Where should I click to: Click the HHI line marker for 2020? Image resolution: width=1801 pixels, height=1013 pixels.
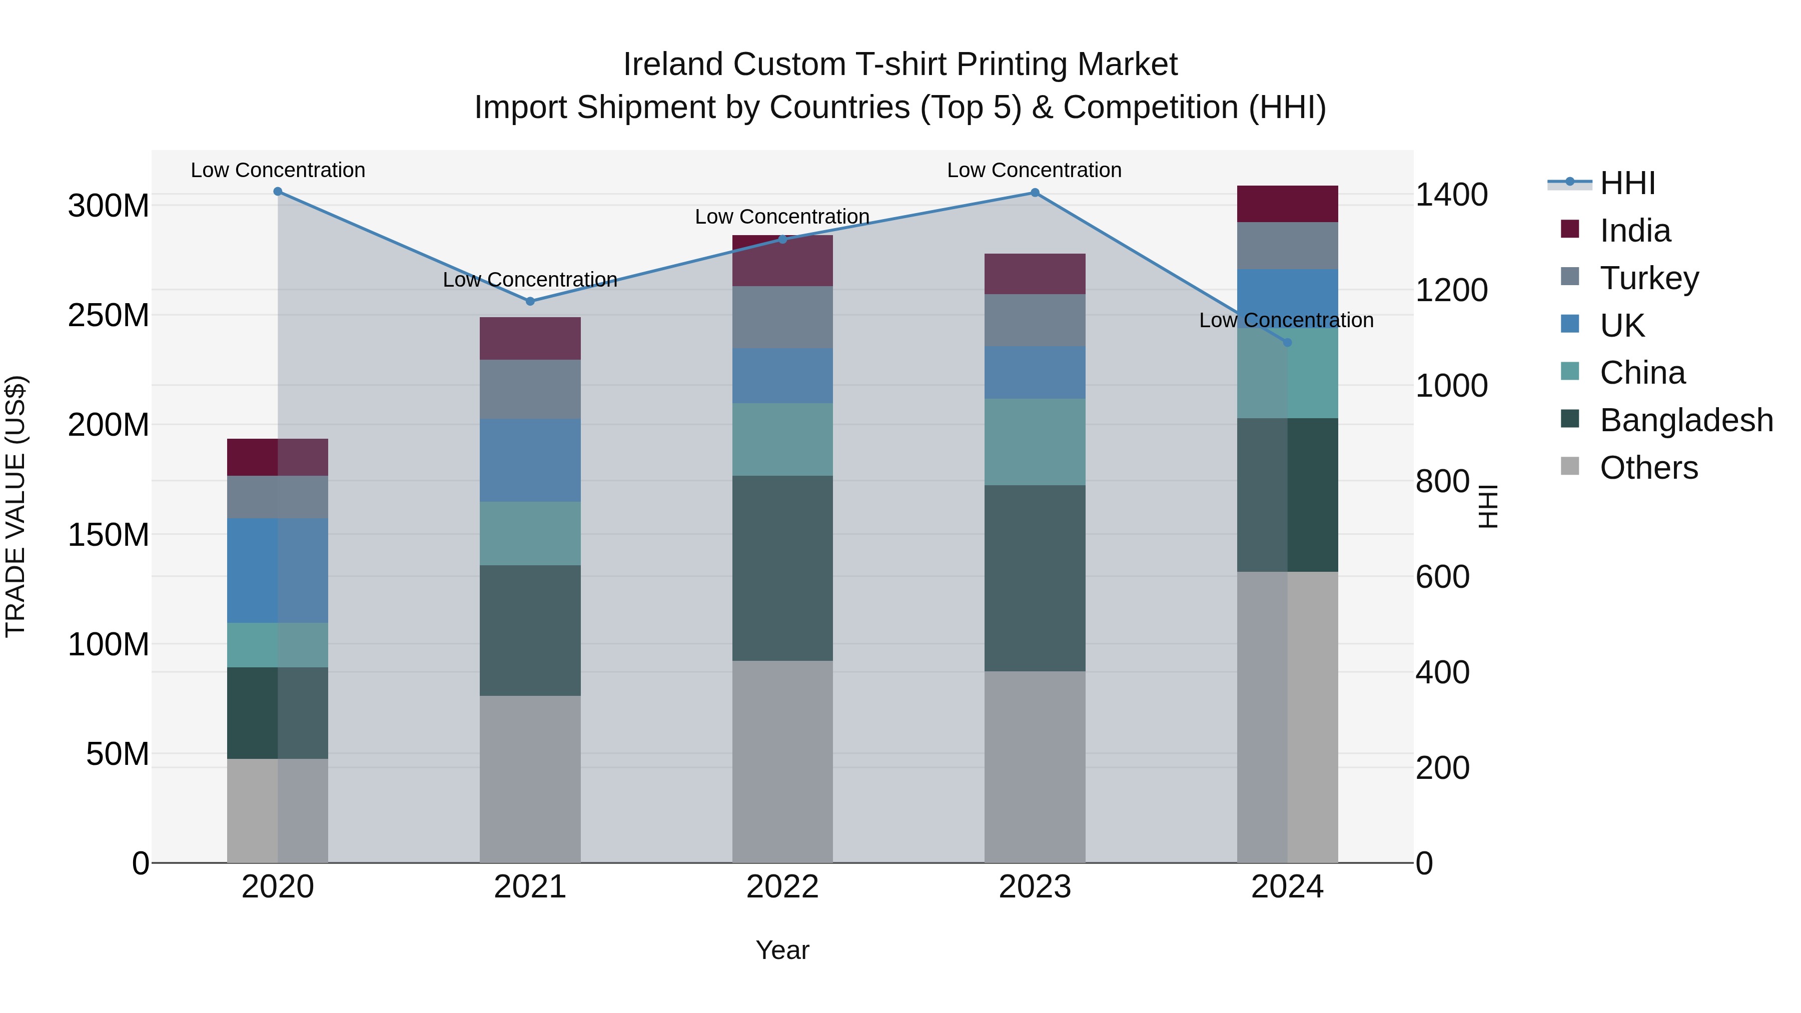tap(278, 192)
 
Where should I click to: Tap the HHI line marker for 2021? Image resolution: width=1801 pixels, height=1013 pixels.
tap(530, 301)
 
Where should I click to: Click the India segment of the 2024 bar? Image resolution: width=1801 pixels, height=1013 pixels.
tap(1287, 204)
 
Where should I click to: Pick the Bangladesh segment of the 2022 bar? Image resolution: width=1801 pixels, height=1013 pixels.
tap(782, 568)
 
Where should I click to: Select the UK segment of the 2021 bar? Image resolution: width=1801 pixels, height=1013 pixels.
tap(530, 460)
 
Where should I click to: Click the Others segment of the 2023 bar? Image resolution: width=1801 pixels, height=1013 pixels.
tap(1035, 767)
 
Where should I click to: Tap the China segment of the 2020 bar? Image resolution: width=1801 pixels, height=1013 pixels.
tap(278, 645)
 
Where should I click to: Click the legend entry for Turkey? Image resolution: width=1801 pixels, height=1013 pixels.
tap(1648, 278)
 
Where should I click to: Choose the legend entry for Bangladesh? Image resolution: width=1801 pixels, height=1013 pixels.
tap(1685, 420)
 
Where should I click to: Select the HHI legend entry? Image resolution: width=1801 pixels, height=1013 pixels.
tap(1626, 183)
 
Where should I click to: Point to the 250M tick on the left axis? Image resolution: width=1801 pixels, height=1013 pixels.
tap(109, 315)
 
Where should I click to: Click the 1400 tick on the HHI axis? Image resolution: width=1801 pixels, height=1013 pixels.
tap(1451, 195)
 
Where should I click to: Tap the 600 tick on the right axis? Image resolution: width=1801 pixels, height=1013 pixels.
tap(1442, 577)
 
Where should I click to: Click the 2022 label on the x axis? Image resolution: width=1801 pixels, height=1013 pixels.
tap(782, 887)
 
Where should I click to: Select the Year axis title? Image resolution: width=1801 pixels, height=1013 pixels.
tap(782, 950)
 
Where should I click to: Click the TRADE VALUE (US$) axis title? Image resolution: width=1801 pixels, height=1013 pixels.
tap(16, 506)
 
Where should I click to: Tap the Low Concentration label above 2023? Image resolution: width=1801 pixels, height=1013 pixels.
tap(1034, 170)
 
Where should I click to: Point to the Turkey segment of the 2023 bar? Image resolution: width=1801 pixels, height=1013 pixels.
tap(1035, 320)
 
